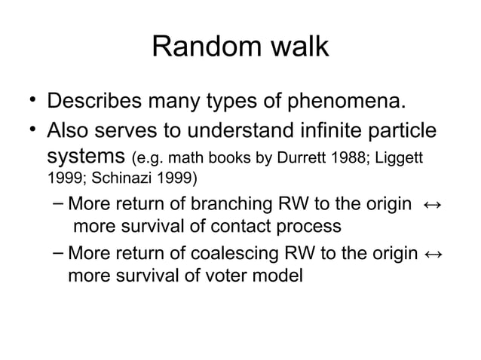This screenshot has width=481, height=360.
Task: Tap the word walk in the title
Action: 296,47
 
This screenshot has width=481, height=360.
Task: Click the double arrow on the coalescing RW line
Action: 433,253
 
